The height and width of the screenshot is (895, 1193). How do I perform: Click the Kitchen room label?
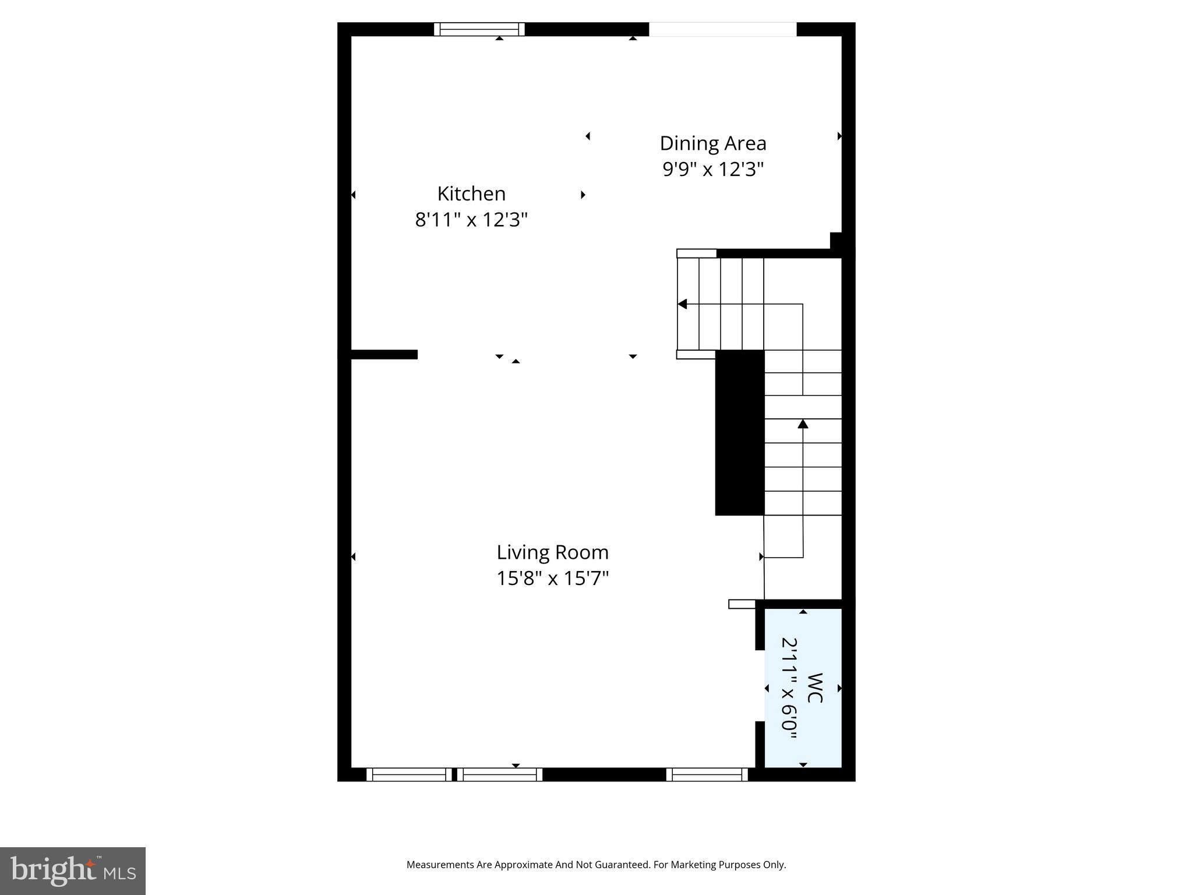pos(471,193)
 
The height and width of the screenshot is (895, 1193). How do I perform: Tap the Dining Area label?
pos(712,143)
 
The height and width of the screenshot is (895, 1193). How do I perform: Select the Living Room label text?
pos(552,552)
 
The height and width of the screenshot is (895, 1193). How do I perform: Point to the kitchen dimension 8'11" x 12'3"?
pos(471,220)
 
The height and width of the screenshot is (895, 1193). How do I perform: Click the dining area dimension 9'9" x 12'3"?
pos(712,170)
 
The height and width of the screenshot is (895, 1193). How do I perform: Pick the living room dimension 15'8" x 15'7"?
pos(552,579)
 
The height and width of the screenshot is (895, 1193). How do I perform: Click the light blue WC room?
pos(803,688)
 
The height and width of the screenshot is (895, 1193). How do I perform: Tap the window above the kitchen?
pos(479,29)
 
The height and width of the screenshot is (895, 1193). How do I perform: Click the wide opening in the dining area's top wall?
pos(722,29)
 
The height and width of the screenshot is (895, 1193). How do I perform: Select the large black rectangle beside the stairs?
pos(739,432)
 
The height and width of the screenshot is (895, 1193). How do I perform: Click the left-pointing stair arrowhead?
pos(683,304)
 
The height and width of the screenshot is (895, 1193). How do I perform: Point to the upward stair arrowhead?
pos(803,424)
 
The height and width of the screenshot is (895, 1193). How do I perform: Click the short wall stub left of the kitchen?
pos(384,354)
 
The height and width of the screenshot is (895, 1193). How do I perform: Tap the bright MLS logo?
pos(73,871)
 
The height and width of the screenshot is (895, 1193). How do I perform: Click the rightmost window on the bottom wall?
pos(707,774)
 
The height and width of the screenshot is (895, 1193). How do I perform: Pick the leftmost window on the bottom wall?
pos(409,774)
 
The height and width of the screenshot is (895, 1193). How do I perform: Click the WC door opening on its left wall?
pos(760,685)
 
